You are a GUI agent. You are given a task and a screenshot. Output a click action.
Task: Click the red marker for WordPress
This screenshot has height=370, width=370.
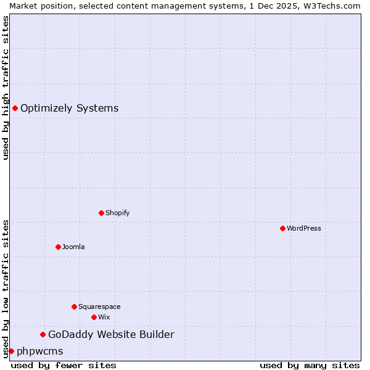point(282,228)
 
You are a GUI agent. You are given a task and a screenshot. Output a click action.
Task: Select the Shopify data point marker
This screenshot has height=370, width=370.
point(101,213)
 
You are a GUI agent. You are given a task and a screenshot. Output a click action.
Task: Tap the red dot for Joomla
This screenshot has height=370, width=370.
point(58,247)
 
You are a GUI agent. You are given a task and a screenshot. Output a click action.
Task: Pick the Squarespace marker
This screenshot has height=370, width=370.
point(74,306)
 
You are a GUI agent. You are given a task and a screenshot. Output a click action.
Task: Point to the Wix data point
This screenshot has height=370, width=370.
point(94,317)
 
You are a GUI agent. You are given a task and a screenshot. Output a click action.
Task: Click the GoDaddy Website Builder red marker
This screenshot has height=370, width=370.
point(43,334)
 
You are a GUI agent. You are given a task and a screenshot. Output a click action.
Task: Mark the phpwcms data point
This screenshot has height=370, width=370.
point(11,351)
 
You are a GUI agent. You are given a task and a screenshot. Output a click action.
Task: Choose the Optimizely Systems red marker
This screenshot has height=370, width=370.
point(15,108)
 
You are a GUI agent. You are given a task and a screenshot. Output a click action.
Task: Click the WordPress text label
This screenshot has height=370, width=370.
point(304,228)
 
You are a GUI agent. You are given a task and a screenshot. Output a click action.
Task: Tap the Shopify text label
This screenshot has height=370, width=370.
point(118,213)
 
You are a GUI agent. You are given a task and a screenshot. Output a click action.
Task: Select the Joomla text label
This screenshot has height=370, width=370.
point(73,247)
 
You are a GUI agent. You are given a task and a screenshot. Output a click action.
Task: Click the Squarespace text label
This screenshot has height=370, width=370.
point(99,306)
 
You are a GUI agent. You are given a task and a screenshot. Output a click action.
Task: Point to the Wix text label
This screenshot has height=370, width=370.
point(104,317)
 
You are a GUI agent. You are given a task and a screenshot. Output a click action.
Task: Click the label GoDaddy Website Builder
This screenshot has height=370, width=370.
point(111,334)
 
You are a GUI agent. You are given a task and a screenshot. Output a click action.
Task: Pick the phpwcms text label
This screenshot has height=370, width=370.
point(39,351)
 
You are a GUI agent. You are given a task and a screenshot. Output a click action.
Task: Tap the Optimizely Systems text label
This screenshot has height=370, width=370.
point(69,108)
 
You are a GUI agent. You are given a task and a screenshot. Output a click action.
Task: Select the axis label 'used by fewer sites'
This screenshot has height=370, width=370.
point(64,365)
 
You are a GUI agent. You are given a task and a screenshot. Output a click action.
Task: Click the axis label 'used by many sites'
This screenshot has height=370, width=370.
point(310,365)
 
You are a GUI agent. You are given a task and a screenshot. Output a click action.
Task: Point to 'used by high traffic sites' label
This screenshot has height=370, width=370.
point(6,88)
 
